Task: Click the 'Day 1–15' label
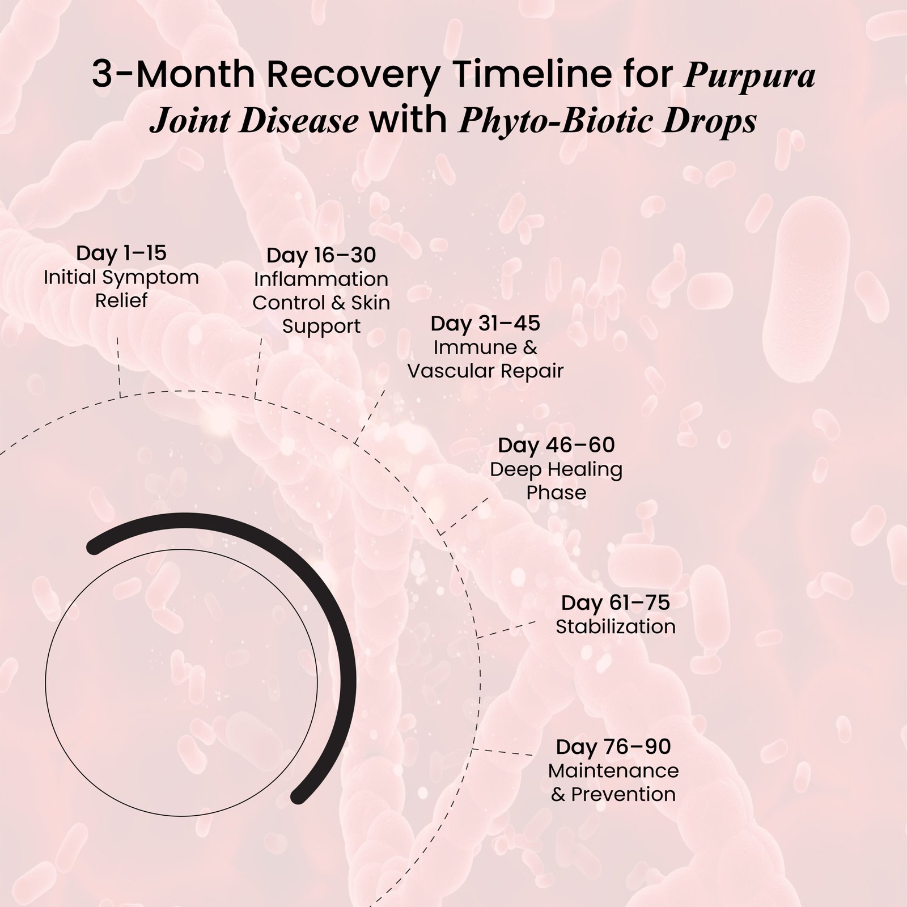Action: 121,253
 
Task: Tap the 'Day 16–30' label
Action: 321,255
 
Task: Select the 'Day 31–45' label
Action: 485,324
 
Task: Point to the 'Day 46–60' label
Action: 556,445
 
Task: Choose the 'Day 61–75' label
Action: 615,603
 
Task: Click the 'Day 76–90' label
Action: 613,747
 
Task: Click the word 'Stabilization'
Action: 615,626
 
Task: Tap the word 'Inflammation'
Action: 321,279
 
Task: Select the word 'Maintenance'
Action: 613,770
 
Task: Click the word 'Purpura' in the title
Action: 750,77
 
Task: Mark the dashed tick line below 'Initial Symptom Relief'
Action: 119,367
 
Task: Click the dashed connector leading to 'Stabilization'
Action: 507,630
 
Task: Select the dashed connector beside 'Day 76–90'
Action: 502,752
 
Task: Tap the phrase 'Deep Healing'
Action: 556,469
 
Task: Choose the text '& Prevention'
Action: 613,794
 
